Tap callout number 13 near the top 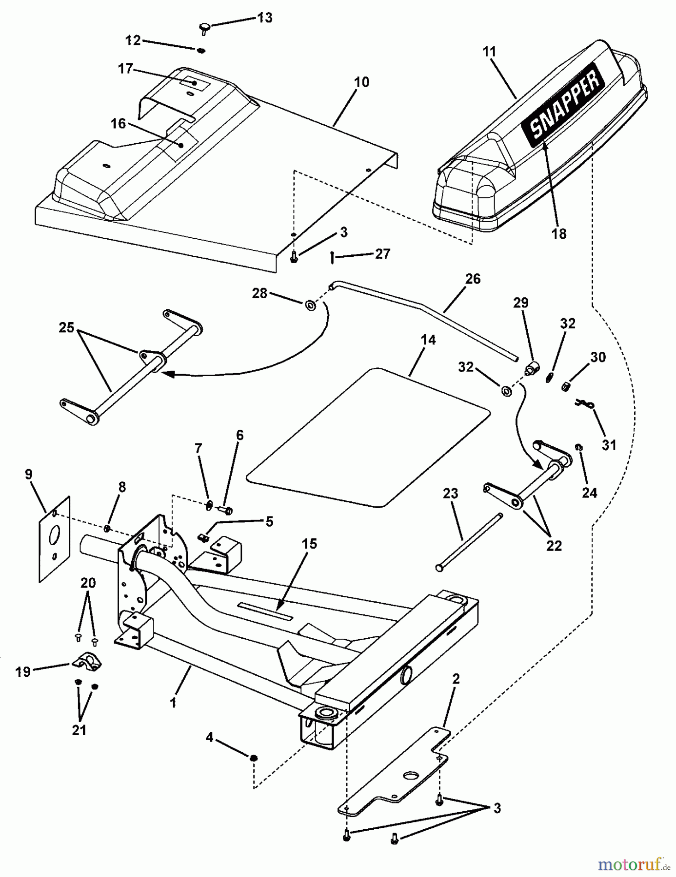tap(264, 18)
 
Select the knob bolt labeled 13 tap(205, 27)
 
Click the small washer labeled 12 tap(201, 51)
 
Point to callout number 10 tap(361, 82)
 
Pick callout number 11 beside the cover tap(489, 51)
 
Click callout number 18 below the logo tap(558, 234)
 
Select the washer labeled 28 tap(310, 305)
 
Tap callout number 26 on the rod tap(473, 279)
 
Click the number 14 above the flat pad tap(428, 340)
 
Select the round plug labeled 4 tap(254, 759)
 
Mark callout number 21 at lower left tap(79, 730)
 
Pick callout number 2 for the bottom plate tap(456, 679)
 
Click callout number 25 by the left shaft tap(66, 327)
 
